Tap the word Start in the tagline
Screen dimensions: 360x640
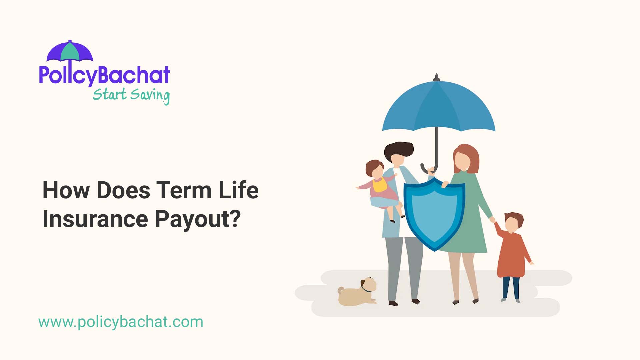pos(109,94)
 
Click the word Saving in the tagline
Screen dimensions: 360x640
pos(150,95)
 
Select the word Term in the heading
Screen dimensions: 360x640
pos(184,190)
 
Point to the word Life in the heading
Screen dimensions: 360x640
pos(239,190)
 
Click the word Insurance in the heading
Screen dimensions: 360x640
pos(95,219)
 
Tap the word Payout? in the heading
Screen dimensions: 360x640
pos(198,220)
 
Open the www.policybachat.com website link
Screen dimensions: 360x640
pos(121,322)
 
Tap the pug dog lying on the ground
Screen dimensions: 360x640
pos(357,293)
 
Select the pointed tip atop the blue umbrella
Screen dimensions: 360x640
pos(436,77)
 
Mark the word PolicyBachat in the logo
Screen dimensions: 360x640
pos(104,75)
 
